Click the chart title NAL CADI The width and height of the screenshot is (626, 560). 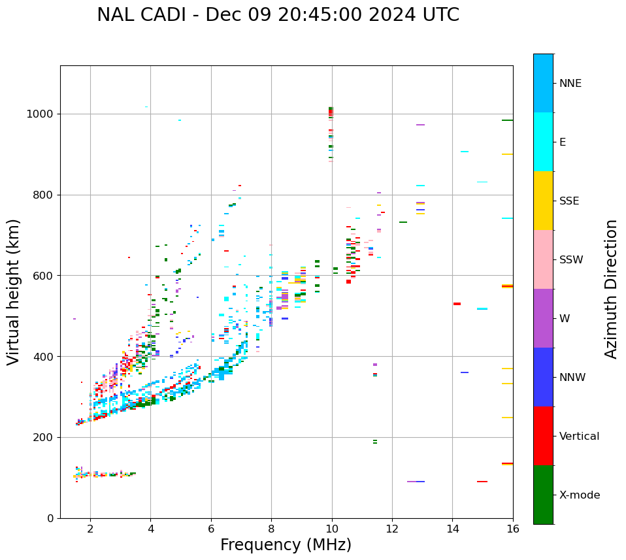pyautogui.click(x=278, y=15)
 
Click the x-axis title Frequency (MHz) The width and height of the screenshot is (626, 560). pyautogui.click(x=286, y=545)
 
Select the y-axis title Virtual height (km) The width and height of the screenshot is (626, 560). pyautogui.click(x=14, y=291)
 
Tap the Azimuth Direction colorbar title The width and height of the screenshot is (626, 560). pyautogui.click(x=611, y=289)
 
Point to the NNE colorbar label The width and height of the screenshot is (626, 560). pyautogui.click(x=570, y=84)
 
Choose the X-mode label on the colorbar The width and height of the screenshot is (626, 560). pyautogui.click(x=579, y=495)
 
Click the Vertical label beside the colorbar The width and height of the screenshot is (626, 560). pyautogui.click(x=579, y=436)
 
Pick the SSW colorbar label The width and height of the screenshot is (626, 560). pyautogui.click(x=570, y=260)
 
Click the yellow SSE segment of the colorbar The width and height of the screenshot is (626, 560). pyautogui.click(x=543, y=201)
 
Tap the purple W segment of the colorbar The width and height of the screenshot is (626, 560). pyautogui.click(x=543, y=318)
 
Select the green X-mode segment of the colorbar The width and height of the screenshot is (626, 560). pyautogui.click(x=543, y=495)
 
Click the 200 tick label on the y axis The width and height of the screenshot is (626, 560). pyautogui.click(x=46, y=438)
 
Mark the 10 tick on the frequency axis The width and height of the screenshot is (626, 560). pyautogui.click(x=331, y=528)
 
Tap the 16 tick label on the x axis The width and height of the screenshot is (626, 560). pyautogui.click(x=512, y=528)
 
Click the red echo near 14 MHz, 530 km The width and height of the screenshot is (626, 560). pyautogui.click(x=457, y=304)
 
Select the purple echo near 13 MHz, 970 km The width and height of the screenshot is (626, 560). pyautogui.click(x=420, y=125)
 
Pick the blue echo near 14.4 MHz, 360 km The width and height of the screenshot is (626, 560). pyautogui.click(x=465, y=372)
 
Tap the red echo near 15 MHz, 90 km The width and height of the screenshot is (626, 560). pyautogui.click(x=482, y=482)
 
